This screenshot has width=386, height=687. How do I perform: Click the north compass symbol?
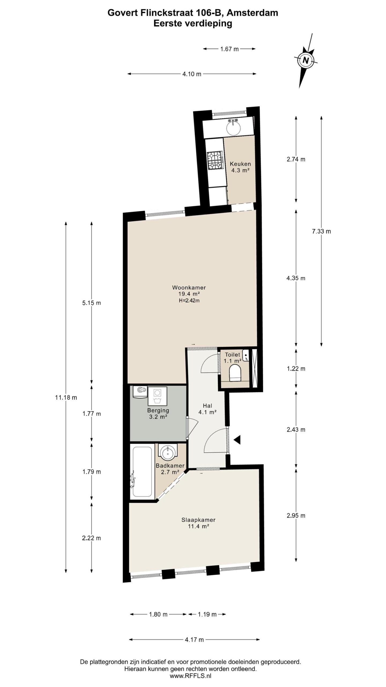[306, 60]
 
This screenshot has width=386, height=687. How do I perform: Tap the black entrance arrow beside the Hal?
[237, 440]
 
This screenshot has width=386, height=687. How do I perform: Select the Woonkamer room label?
[189, 288]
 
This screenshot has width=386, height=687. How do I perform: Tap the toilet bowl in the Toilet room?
[236, 372]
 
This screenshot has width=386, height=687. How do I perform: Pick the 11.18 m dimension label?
[66, 398]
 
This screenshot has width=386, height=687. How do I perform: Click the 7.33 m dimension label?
[321, 231]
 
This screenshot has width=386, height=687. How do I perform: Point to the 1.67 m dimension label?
[229, 49]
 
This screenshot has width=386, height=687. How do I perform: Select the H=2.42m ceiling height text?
[189, 301]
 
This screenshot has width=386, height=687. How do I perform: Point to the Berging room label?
[158, 410]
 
